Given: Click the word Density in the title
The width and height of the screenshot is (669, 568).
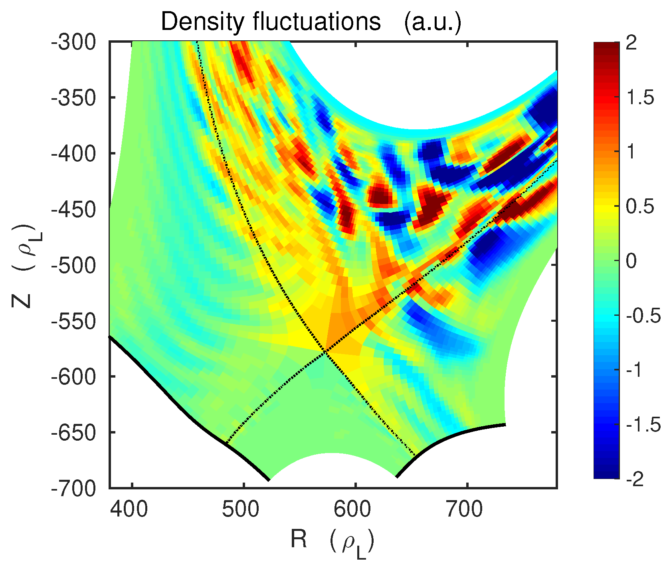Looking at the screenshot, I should click(x=202, y=22).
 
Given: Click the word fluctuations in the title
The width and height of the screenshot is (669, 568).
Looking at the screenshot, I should click(x=317, y=22).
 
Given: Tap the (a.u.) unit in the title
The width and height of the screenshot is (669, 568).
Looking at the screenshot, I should click(x=433, y=22).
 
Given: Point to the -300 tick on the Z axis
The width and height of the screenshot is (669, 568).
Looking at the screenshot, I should click(x=74, y=42).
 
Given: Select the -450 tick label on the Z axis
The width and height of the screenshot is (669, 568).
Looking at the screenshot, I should click(x=74, y=209).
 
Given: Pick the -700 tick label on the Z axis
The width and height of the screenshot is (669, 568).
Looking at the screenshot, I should click(x=74, y=488).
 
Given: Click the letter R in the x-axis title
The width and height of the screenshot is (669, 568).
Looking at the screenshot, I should click(x=299, y=540).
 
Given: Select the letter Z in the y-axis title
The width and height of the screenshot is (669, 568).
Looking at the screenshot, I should click(x=22, y=298).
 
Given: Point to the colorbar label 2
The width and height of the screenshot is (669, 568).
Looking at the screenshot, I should click(x=631, y=43).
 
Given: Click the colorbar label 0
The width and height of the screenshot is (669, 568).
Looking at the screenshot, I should click(x=631, y=261).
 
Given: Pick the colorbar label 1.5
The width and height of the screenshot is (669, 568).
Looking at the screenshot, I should click(x=640, y=97).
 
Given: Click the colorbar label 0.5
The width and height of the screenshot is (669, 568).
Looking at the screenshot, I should click(x=640, y=207).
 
